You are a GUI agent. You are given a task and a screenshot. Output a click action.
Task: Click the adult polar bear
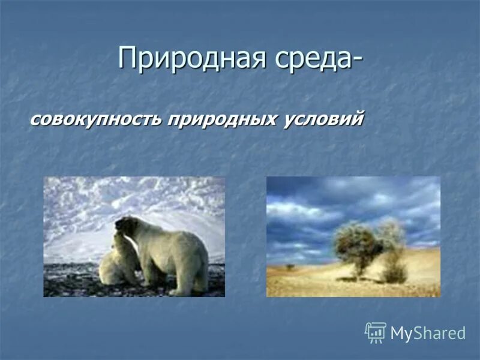click(168, 252)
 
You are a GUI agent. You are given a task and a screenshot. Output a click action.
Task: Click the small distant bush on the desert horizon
click(290, 266)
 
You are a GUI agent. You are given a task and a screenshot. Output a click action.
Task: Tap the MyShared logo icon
click(376, 332)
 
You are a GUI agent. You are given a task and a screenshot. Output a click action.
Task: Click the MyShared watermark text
click(427, 334)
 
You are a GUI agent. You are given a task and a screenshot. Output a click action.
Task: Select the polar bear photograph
click(134, 236)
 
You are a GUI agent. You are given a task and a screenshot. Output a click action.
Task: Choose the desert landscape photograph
click(353, 236)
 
